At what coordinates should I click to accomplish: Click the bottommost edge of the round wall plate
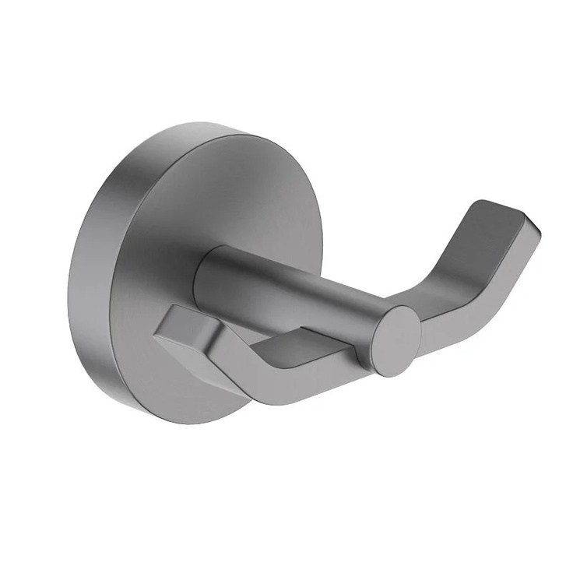coord(195,423)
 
